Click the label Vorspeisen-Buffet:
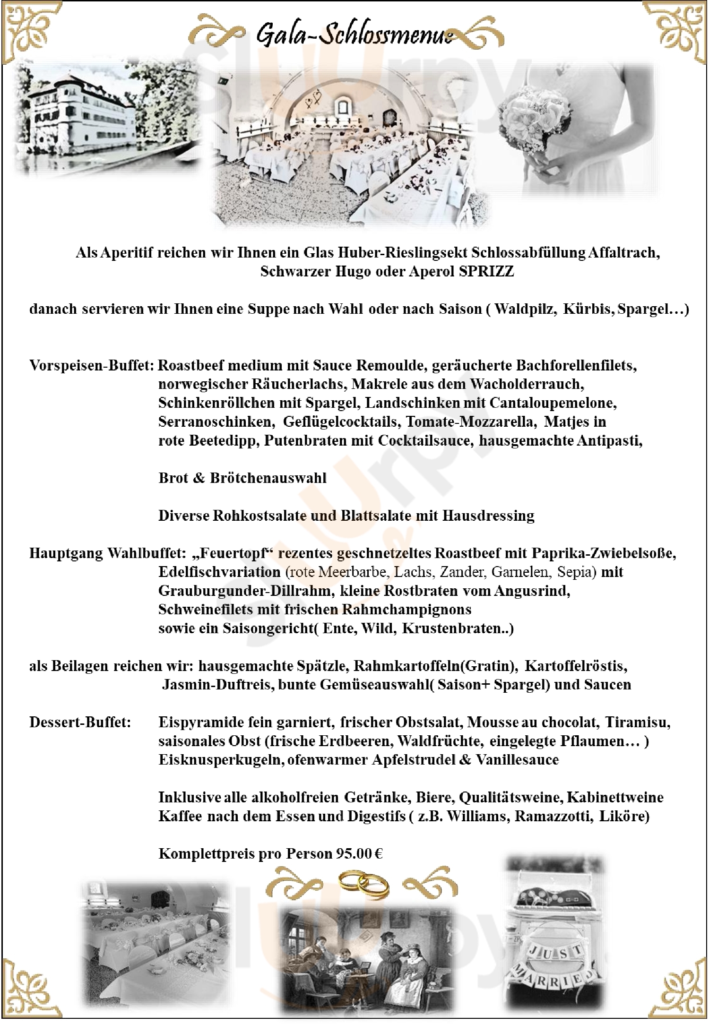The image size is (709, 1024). (x=92, y=365)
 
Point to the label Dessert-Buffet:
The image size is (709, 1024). (x=80, y=722)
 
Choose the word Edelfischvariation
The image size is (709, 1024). (x=219, y=572)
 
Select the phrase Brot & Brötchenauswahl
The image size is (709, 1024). (x=242, y=478)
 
